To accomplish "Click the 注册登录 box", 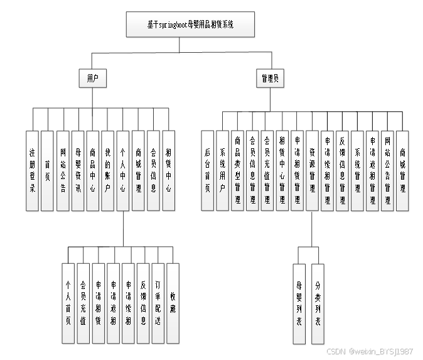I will tap(32, 170).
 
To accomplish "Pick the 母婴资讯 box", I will tap(78, 170).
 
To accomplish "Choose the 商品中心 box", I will tap(93, 170).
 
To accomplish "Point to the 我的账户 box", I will tap(108, 170).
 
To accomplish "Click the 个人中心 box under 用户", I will tap(123, 170).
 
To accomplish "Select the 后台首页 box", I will tap(208, 170).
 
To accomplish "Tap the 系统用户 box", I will tap(223, 170).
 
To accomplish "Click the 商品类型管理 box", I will tap(238, 170).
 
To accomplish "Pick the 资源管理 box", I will tap(312, 170).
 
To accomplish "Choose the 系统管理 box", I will tap(357, 170).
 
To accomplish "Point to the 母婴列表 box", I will tap(299, 303).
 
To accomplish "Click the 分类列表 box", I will tap(318, 303).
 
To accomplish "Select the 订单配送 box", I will tap(158, 303).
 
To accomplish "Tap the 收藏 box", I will tap(173, 303).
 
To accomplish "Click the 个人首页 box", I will tap(68, 303).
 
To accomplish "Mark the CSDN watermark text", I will tap(370, 351).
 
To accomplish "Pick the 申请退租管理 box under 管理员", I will tap(372, 170).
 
